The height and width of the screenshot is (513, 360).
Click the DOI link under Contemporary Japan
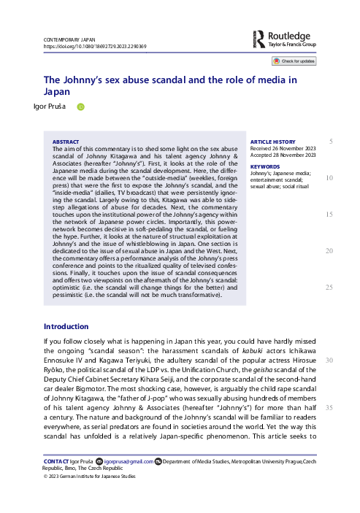click(x=95, y=45)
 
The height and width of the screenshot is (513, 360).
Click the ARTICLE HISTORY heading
click(x=272, y=142)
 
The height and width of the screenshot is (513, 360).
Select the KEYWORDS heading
click(x=264, y=166)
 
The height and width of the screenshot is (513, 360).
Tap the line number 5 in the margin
click(x=331, y=141)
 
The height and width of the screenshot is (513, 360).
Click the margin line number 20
click(x=329, y=251)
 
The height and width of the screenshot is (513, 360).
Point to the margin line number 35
click(x=329, y=407)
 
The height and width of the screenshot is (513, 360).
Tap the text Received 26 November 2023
click(x=283, y=149)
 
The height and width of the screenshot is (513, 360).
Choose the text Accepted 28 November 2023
click(x=283, y=155)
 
